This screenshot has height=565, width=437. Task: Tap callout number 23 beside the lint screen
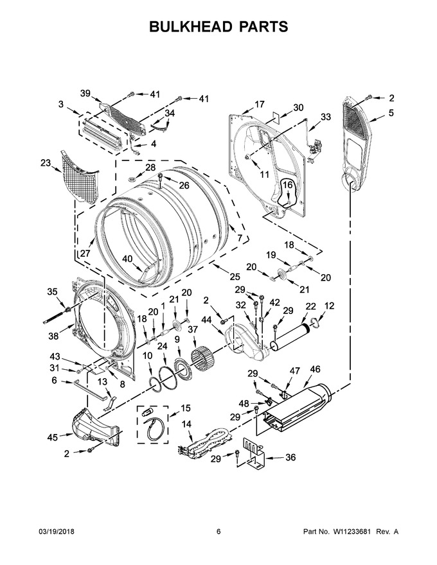coord(46,163)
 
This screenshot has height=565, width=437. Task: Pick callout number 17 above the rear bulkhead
coord(259,105)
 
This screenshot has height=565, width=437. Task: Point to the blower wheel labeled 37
coord(202,356)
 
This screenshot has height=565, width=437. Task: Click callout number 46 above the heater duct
coord(315,369)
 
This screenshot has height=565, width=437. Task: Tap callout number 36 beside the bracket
coord(290,457)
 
